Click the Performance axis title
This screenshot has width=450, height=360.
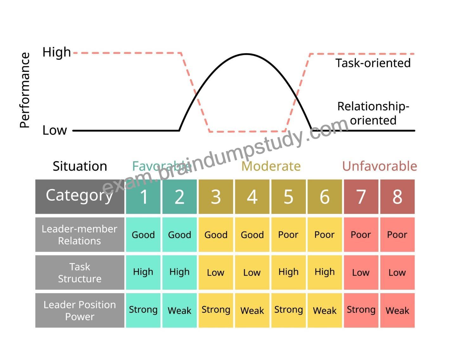(25, 90)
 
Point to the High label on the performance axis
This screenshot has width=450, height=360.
(56, 52)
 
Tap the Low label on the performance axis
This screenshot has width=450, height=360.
(54, 130)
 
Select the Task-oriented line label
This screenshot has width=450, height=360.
(373, 63)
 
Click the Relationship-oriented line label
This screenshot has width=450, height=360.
(373, 113)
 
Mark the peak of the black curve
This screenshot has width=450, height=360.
(246, 54)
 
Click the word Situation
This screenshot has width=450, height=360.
(80, 166)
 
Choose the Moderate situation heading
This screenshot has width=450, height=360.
(271, 166)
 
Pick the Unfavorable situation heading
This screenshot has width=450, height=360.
(379, 166)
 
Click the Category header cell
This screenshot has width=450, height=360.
(80, 197)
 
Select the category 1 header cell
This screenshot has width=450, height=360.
(143, 197)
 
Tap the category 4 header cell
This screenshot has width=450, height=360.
(252, 197)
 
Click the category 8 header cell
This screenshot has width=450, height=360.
(397, 197)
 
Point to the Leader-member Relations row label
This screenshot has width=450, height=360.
(80, 235)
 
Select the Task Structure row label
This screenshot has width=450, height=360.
(80, 272)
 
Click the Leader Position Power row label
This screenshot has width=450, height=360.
(80, 310)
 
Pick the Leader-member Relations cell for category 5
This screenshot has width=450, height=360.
(288, 235)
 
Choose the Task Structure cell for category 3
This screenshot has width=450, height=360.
(216, 272)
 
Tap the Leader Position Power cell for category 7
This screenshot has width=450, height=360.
(361, 310)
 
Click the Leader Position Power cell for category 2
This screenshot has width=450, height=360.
(180, 310)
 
